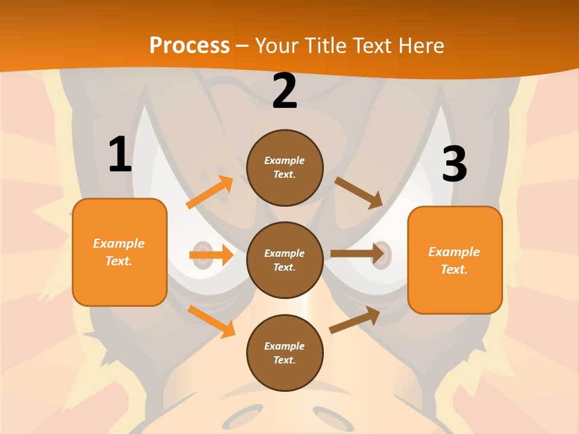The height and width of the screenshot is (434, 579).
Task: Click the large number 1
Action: click(121, 154)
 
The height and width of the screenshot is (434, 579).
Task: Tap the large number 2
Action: click(285, 91)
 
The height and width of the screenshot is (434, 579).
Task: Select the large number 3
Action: click(455, 164)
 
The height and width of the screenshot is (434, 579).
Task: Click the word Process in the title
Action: click(189, 45)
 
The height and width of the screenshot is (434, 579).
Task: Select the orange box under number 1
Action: click(119, 252)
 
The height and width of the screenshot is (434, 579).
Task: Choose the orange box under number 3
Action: click(455, 260)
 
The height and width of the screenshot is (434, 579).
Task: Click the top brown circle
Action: click(285, 168)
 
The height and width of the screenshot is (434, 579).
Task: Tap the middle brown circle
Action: click(285, 260)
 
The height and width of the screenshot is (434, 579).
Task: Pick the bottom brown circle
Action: click(285, 353)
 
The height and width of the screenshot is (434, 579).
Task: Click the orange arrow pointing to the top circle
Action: click(210, 192)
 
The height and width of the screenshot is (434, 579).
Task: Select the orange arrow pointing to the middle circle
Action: click(211, 255)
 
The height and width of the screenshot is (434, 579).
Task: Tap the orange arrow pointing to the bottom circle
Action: click(211, 321)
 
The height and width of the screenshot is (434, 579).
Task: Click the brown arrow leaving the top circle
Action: click(358, 192)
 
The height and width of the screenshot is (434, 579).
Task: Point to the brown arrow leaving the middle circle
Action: click(357, 254)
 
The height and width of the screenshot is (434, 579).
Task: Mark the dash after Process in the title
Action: click(242, 46)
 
